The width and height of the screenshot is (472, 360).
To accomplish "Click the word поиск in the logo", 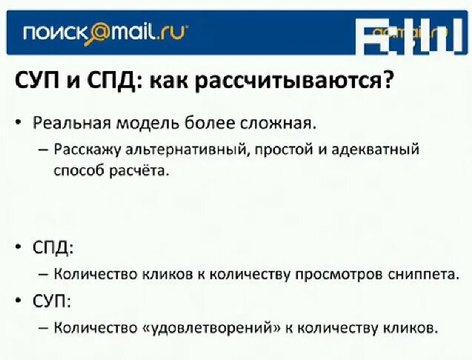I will point(53,33).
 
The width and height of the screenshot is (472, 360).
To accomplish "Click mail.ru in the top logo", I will point(148,33).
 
